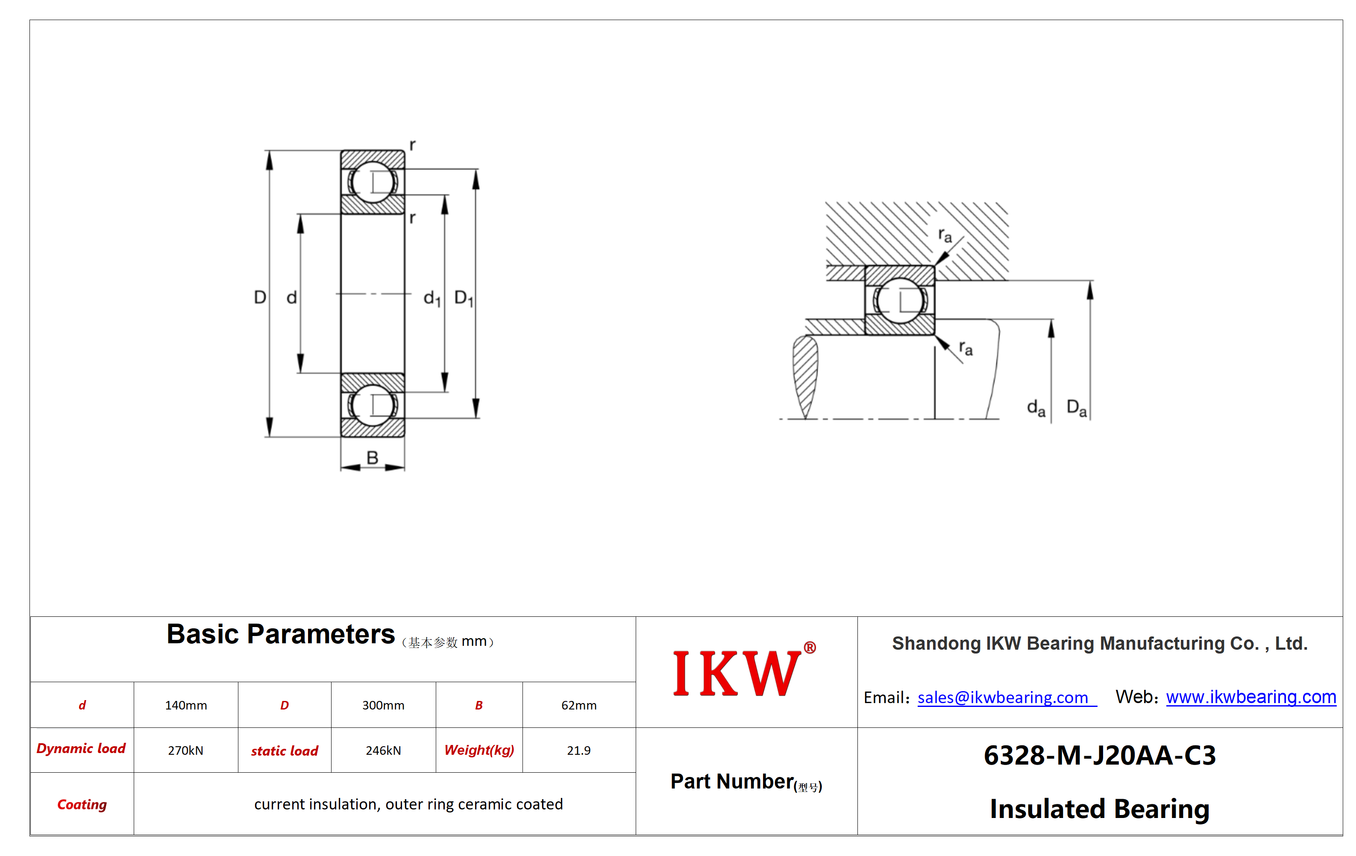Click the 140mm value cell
186,705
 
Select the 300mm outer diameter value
383,705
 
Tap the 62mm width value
579,705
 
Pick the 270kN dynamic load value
186,750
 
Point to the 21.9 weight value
579,750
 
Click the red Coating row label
82,805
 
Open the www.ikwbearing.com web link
1251,697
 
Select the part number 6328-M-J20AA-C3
1100,755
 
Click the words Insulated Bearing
1100,809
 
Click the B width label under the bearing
372,457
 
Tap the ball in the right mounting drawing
900,300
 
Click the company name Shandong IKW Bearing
1100,643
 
